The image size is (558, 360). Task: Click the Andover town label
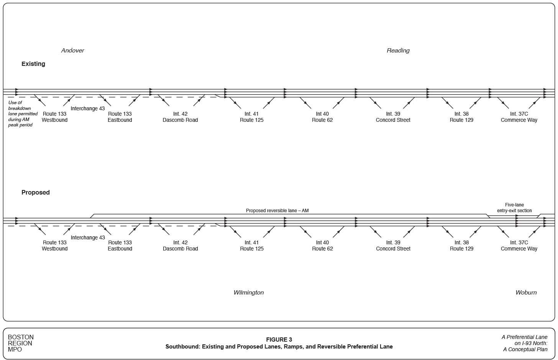pyautogui.click(x=72, y=51)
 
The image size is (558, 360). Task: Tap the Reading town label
pyautogui.click(x=398, y=51)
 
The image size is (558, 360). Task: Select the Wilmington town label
pyautogui.click(x=248, y=293)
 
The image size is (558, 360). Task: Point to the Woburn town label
pyautogui.click(x=526, y=293)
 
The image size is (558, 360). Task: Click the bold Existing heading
pyautogui.click(x=33, y=64)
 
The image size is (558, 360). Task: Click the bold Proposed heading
pyautogui.click(x=36, y=193)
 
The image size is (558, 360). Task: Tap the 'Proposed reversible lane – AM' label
pyautogui.click(x=277, y=211)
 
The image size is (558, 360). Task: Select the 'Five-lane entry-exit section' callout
pyautogui.click(x=514, y=208)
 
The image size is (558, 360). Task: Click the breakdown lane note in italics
pyautogui.click(x=23, y=114)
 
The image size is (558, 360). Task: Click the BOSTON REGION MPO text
pyautogui.click(x=21, y=343)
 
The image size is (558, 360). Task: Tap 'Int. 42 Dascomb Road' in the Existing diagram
pyautogui.click(x=180, y=117)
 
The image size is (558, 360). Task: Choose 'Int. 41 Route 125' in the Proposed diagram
pyautogui.click(x=252, y=245)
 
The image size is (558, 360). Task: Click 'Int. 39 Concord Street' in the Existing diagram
pyautogui.click(x=393, y=117)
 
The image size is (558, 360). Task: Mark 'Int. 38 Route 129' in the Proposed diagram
pyautogui.click(x=461, y=245)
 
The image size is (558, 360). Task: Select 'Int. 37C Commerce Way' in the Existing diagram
pyautogui.click(x=519, y=117)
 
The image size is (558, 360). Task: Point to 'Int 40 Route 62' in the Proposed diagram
pyautogui.click(x=322, y=245)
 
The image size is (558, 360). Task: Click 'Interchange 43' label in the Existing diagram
pyautogui.click(x=87, y=109)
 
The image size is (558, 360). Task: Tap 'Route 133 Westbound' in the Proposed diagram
pyautogui.click(x=55, y=245)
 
